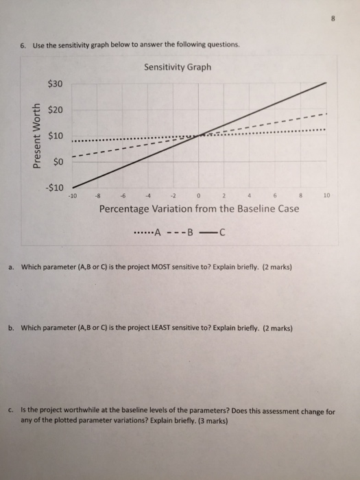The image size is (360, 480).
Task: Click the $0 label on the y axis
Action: (x=58, y=161)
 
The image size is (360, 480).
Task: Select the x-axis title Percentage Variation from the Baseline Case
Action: (x=199, y=208)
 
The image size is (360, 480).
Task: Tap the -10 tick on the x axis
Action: (x=73, y=195)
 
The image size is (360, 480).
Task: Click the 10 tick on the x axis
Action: (x=326, y=195)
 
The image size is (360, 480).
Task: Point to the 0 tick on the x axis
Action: (x=199, y=195)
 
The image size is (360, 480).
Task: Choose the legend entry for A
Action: (x=148, y=230)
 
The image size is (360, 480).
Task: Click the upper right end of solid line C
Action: (x=326, y=82)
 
